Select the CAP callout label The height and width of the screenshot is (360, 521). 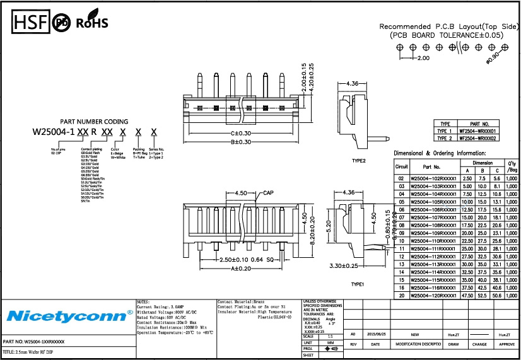pos(268,192)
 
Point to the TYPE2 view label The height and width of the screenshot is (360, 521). pos(360,161)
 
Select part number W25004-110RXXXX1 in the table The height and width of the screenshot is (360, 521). pos(433,241)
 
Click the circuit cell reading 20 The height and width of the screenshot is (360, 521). pos(401,295)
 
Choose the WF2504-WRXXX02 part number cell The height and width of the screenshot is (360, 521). pos(477,138)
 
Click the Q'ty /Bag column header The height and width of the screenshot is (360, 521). pos(512,166)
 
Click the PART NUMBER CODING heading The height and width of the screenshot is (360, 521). pos(94,122)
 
